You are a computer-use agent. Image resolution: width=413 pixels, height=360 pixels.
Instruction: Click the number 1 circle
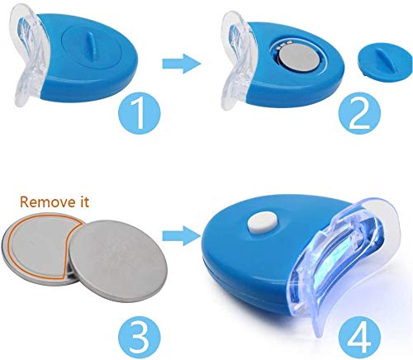click(x=140, y=112)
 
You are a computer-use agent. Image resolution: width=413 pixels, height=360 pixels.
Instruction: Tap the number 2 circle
click(x=359, y=113)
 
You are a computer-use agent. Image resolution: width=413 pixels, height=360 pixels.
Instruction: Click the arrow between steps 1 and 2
click(x=182, y=64)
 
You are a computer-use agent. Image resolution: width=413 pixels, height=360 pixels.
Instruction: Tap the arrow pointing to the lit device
click(x=182, y=236)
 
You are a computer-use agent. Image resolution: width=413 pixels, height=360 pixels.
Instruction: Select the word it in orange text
click(x=83, y=202)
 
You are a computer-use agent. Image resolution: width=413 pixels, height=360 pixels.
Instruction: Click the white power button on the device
click(x=263, y=223)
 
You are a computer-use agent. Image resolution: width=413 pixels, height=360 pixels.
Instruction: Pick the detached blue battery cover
click(x=385, y=64)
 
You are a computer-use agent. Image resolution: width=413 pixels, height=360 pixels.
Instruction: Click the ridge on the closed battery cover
click(x=91, y=45)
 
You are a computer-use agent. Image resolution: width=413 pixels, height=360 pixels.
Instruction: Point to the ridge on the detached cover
click(x=385, y=61)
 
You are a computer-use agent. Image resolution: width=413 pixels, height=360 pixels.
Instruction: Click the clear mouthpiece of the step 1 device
click(x=26, y=55)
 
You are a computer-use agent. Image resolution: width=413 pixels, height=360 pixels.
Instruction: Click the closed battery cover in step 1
click(x=91, y=47)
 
